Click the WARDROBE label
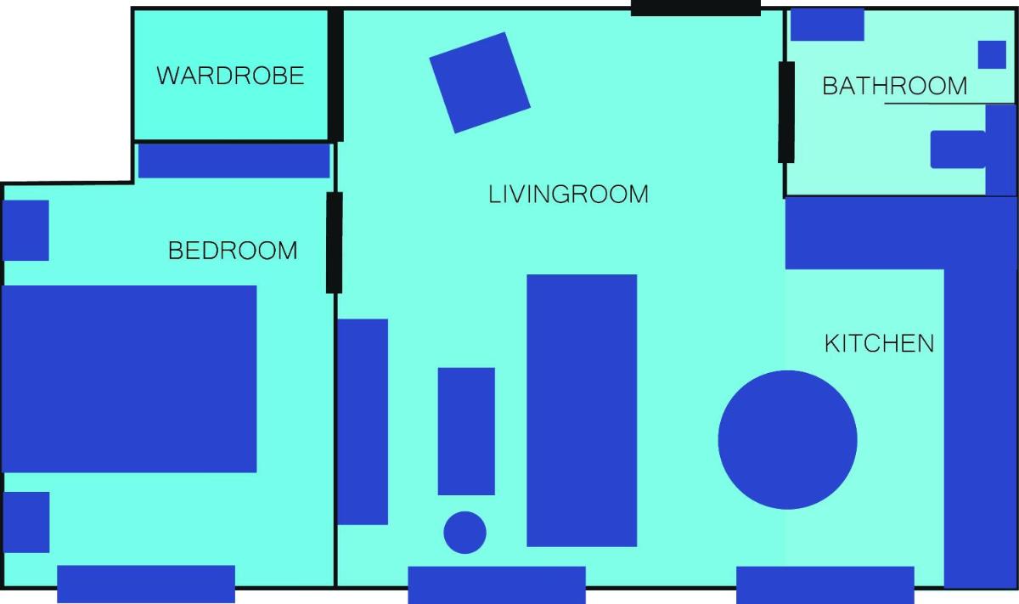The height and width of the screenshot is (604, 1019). pos(230,76)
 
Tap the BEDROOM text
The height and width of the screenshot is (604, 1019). pos(233,251)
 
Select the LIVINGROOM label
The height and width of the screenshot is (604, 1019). pos(568,195)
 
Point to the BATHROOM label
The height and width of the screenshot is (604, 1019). pos(894,86)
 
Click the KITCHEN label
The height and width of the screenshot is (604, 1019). pos(879,343)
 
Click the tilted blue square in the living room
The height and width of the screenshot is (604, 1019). pos(480,82)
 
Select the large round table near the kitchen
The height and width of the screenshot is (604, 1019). pos(787,440)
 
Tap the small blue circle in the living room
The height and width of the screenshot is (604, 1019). pos(464,532)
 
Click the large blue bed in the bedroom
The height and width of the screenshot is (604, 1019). pos(129,379)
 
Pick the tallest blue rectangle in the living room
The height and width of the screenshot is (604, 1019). pos(582,410)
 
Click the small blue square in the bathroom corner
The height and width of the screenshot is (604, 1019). pos(992,54)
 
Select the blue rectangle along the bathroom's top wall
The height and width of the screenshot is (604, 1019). pos(827,25)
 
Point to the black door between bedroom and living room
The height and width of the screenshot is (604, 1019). pos(335,243)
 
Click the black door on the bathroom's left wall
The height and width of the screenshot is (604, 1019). pos(786,112)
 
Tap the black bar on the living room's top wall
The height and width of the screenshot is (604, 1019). pos(695,8)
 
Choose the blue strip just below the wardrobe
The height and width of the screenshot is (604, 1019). pos(234,161)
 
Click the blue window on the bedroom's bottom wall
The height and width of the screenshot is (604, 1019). pos(146,584)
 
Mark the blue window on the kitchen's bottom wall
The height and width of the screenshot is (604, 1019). pos(825,584)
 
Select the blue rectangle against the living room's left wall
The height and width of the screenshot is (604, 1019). pos(363,421)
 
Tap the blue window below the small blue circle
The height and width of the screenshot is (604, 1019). pos(497,584)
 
